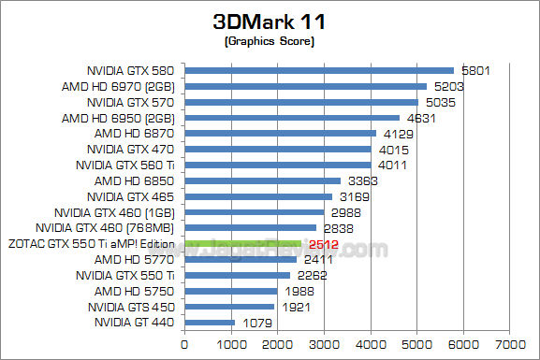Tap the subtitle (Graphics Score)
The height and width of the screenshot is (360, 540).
[270, 42]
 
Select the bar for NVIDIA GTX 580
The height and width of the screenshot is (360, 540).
[318, 70]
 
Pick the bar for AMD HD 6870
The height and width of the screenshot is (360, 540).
[280, 134]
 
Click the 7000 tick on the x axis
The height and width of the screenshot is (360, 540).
[509, 344]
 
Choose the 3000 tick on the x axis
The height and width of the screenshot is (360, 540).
[324, 344]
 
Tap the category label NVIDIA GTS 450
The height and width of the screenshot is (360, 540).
[132, 307]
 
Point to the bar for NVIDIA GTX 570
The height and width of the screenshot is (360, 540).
[300, 102]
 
